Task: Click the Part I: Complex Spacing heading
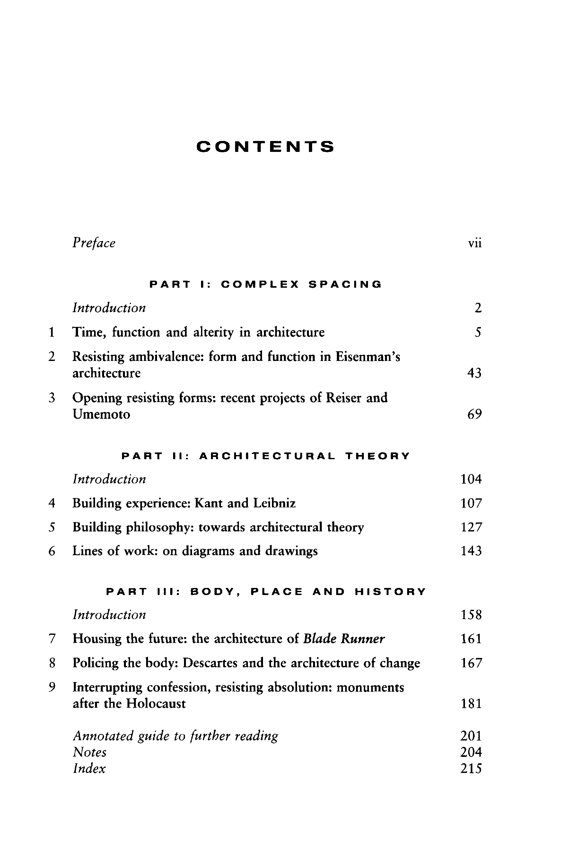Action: [266, 284]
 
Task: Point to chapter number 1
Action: [52, 332]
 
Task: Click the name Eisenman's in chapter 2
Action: [368, 357]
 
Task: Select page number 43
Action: [474, 373]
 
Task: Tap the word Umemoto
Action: [101, 414]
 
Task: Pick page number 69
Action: [474, 414]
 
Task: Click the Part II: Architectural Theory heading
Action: [266, 456]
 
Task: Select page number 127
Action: [471, 527]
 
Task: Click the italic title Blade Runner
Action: [344, 638]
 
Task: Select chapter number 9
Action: [52, 687]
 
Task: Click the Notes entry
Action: [90, 752]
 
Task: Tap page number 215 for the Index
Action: [471, 768]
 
